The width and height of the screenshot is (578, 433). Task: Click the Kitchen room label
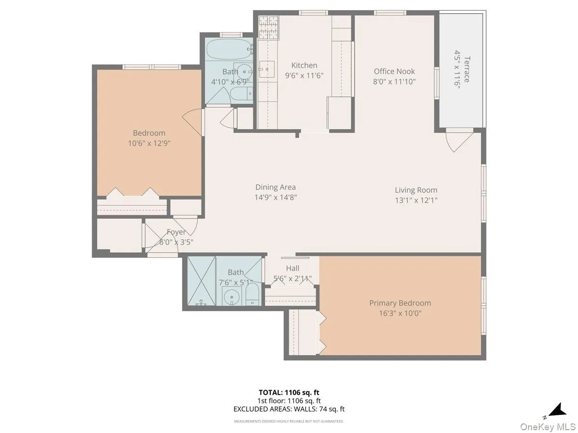[304, 65]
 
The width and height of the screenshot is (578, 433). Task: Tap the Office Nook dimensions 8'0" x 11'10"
[394, 81]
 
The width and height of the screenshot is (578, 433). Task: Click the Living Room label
[416, 190]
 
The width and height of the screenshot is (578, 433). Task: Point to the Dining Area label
[276, 187]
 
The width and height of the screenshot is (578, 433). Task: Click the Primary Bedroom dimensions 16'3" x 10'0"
[400, 313]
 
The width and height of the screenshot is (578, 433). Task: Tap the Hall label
[292, 268]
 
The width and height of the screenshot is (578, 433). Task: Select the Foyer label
[176, 232]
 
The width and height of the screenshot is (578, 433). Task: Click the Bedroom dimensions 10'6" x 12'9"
[149, 143]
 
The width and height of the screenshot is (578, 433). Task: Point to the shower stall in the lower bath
[201, 281]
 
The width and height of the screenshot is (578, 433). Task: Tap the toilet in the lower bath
[252, 293]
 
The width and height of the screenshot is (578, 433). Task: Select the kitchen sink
[265, 69]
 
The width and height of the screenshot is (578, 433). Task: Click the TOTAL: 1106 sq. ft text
[289, 392]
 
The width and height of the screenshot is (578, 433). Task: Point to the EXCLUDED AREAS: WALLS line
[289, 409]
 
